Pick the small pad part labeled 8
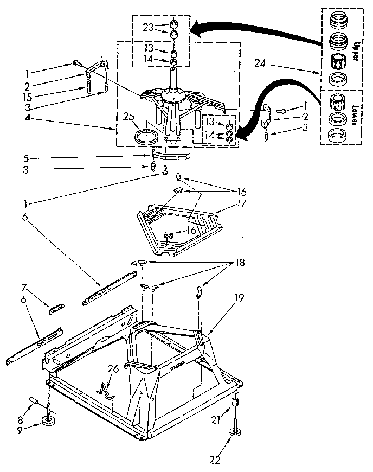[34, 400]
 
